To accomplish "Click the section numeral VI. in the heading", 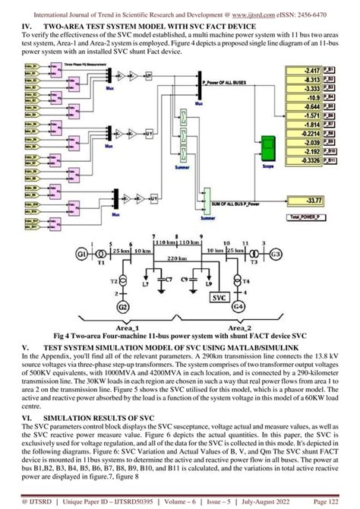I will click(27, 418).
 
